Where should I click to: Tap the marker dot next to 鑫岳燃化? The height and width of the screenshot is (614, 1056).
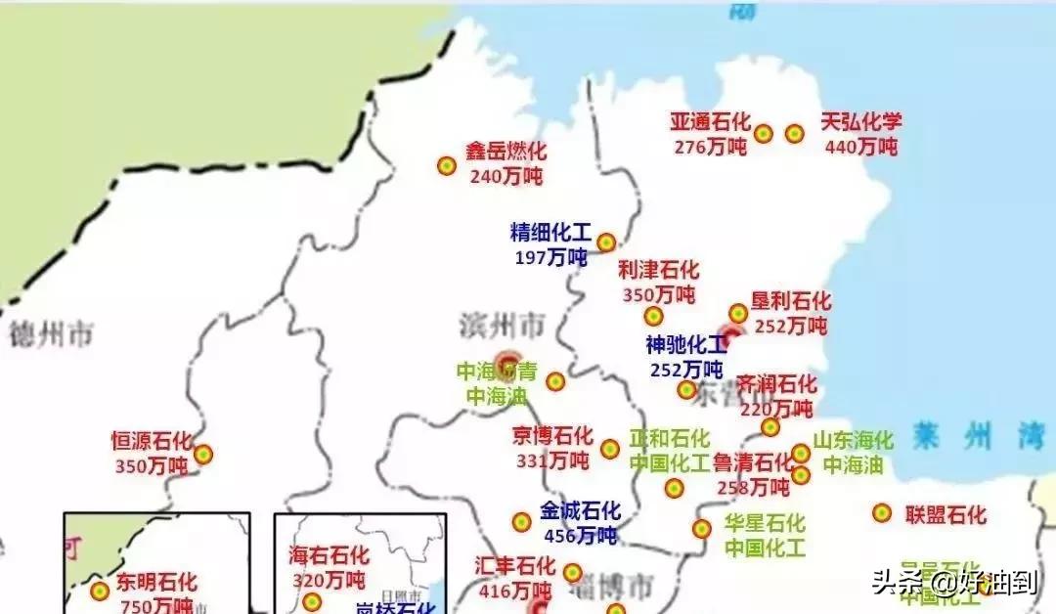(x=447, y=166)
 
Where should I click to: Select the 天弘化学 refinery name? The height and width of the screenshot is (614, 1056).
(x=860, y=122)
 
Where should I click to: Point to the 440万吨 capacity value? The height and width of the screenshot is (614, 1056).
(x=860, y=147)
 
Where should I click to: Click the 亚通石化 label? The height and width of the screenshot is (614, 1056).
(x=710, y=122)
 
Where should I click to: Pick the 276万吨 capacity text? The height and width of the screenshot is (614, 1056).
(x=710, y=147)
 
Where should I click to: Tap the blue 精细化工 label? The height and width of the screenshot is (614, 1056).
(x=550, y=233)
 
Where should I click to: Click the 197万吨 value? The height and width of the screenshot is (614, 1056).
(x=550, y=257)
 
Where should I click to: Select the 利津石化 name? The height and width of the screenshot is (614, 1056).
(x=658, y=270)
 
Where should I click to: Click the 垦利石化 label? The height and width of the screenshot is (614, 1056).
(x=790, y=301)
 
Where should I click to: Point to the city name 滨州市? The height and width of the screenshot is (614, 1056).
(x=502, y=324)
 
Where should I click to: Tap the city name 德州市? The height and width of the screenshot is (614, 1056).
(x=51, y=335)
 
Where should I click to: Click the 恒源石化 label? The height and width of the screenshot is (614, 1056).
(x=152, y=442)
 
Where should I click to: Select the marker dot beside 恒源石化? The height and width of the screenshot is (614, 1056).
(x=202, y=455)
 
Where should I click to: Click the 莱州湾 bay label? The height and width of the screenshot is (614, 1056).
(x=978, y=436)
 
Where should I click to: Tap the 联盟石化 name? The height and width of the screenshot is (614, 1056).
(x=945, y=514)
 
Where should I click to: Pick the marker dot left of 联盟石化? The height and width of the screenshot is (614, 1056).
(x=882, y=513)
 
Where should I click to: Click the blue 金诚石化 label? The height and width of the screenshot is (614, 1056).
(x=580, y=510)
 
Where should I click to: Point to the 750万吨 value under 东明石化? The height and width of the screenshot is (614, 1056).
(x=155, y=605)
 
